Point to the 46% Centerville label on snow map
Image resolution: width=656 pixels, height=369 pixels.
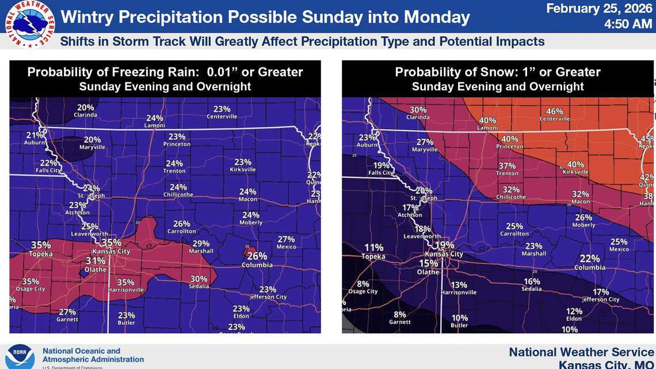pyautogui.click(x=554, y=114)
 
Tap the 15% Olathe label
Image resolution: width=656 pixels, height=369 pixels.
pyautogui.click(x=429, y=267)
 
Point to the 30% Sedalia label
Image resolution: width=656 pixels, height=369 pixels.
pyautogui.click(x=199, y=282)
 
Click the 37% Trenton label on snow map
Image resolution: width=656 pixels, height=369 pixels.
pyautogui.click(x=507, y=169)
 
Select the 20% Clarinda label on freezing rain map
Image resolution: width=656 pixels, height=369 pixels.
pyautogui.click(x=85, y=111)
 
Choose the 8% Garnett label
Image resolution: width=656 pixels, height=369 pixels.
pyautogui.click(x=399, y=318)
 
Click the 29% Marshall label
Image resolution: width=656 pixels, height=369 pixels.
pyautogui.click(x=201, y=246)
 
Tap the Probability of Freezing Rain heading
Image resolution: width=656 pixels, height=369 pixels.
pyautogui.click(x=165, y=72)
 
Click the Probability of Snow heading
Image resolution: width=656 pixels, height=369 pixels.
pyautogui.click(x=498, y=72)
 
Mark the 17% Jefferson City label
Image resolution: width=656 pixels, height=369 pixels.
pyautogui.click(x=600, y=295)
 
